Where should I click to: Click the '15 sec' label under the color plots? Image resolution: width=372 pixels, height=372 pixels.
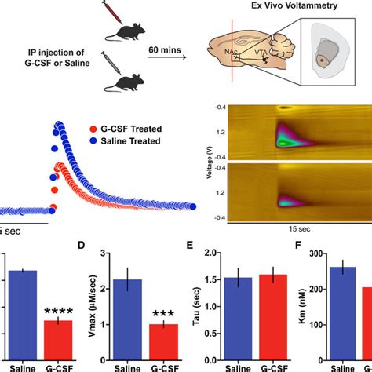[292, 233]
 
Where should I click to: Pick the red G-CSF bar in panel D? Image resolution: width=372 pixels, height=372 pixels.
[163, 334]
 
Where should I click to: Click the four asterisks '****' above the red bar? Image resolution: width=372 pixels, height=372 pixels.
[59, 309]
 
